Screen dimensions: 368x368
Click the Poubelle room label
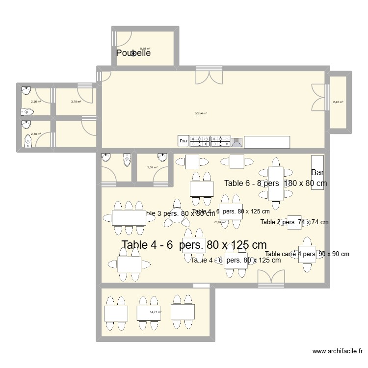[x=133, y=53]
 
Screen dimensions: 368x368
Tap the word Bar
[x=317, y=172]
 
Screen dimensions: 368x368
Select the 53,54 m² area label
[x=201, y=113]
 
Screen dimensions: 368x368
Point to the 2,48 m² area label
[x=338, y=103]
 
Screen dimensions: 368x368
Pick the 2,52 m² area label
[x=152, y=167]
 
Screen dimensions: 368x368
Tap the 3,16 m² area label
[x=76, y=102]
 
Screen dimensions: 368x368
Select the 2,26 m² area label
[x=35, y=102]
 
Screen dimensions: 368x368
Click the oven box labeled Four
[x=183, y=141]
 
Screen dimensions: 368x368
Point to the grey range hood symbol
[x=237, y=142]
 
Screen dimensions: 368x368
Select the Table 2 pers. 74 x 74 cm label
[x=294, y=222]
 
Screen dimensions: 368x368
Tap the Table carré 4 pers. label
[x=307, y=254]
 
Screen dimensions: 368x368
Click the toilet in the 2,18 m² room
[x=28, y=141]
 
